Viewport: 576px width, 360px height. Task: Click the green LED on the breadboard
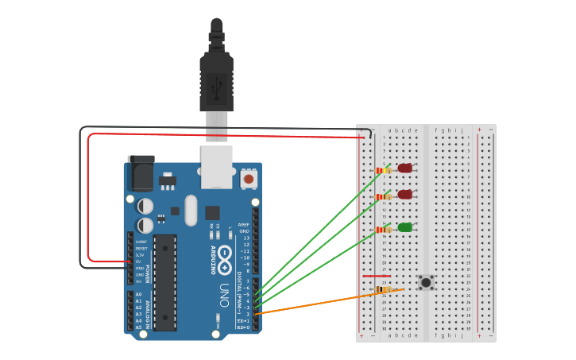[405, 227]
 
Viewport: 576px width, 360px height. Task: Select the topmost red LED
[405, 168]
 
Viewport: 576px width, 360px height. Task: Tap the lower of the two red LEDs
[405, 195]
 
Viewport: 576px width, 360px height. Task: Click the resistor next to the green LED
[384, 230]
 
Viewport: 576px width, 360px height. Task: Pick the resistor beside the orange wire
[383, 289]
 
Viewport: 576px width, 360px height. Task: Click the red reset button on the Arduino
[249, 179]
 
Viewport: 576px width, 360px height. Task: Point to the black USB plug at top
[216, 75]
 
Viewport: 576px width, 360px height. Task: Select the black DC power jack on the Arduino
[141, 173]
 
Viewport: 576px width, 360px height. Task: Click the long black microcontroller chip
[164, 282]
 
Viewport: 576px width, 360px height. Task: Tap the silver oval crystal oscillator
[191, 211]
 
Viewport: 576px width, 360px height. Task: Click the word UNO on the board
[225, 295]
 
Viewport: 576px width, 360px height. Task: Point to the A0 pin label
[139, 295]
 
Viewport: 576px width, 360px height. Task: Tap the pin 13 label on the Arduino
[245, 238]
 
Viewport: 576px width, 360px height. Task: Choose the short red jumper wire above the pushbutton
[377, 277]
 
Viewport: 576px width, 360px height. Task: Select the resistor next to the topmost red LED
[384, 170]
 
